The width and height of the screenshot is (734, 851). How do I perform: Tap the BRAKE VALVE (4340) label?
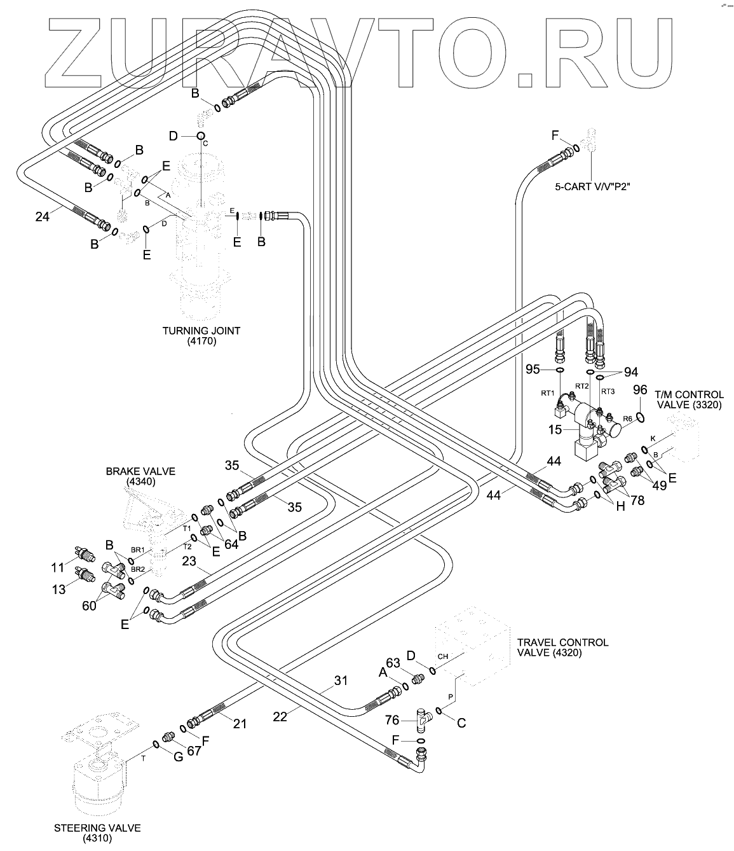[140, 476]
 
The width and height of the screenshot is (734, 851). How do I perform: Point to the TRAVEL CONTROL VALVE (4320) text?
[562, 647]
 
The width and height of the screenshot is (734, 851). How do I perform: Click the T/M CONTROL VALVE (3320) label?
[689, 399]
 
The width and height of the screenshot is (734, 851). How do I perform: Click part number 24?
[43, 216]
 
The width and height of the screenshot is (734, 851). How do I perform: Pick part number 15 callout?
[555, 430]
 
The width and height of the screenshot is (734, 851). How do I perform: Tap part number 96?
[640, 389]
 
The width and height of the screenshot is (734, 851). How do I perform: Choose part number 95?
[533, 369]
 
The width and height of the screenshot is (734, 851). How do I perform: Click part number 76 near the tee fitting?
[392, 719]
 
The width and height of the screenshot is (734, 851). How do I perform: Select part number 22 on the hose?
[280, 716]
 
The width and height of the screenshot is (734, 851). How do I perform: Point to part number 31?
[341, 681]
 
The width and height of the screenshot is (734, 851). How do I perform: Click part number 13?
[58, 590]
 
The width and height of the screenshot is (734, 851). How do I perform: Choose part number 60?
[89, 605]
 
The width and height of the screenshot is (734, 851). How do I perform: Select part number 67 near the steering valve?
[194, 751]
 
